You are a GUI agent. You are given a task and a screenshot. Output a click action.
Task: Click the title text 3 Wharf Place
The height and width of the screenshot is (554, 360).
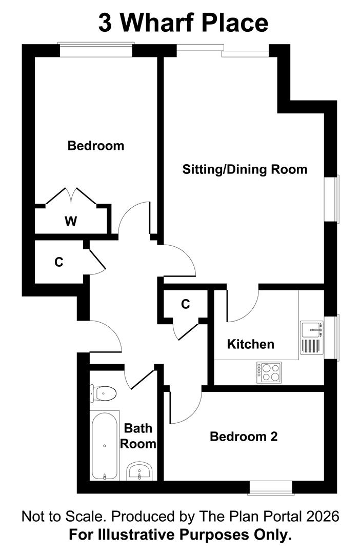coord(183,23)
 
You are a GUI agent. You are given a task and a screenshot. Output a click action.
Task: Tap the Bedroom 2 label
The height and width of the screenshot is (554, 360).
coord(244,437)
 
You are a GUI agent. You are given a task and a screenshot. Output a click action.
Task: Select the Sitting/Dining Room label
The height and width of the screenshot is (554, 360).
coord(245,169)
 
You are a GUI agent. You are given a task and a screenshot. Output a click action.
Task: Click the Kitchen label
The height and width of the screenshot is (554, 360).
coord(251,344)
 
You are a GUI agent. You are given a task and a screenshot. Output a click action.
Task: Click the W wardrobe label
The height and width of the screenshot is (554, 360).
coord(71,221)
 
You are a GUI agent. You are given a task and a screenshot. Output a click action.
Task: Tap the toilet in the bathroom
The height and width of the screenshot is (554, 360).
coord(104,393)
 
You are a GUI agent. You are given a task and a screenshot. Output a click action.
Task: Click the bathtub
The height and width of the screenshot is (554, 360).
coord(105,445)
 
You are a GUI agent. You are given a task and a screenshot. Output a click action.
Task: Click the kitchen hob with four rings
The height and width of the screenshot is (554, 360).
coord(269,372)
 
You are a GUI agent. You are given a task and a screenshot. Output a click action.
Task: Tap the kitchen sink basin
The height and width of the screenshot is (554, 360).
coord(310,329)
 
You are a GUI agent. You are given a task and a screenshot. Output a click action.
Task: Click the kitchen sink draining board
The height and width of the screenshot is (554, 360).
coord(310,347)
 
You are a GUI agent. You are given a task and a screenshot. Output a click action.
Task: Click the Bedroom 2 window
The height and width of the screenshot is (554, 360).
coord(270,488)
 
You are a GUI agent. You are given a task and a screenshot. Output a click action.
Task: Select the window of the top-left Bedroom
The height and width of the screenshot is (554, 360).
coord(96,50)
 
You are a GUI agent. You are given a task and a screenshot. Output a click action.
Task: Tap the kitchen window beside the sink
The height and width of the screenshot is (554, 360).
coord(335,338)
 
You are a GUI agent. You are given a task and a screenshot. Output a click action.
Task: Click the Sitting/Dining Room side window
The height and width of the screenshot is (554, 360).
coord(334,199)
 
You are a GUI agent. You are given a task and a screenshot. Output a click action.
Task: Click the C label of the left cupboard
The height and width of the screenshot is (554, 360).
coord(59,262)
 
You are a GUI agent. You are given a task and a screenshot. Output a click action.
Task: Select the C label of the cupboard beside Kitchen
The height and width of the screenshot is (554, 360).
coord(186,304)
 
